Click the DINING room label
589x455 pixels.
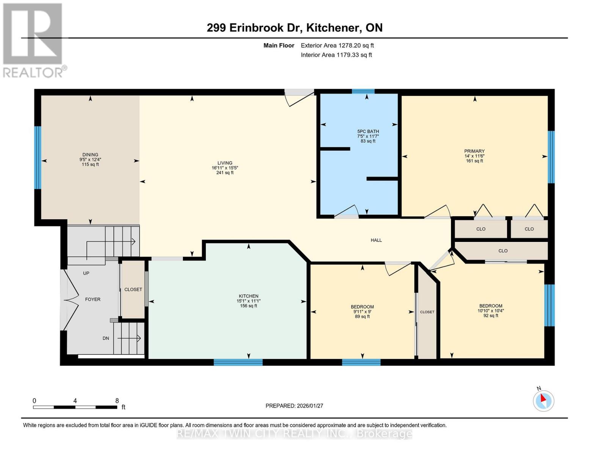click(x=90, y=155)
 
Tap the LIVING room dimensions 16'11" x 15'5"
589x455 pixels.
click(x=225, y=168)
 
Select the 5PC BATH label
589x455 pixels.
click(x=368, y=132)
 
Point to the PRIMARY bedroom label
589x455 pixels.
click(x=474, y=151)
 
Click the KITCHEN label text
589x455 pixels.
click(x=248, y=296)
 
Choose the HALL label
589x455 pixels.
click(x=376, y=240)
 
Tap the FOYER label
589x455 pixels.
click(x=93, y=300)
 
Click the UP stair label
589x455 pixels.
click(x=86, y=273)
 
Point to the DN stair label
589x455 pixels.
click(x=106, y=338)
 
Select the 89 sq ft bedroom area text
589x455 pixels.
click(x=363, y=317)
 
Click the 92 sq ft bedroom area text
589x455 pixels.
click(x=491, y=315)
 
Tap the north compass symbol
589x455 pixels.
click(x=543, y=400)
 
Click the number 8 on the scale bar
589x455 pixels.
click(x=117, y=400)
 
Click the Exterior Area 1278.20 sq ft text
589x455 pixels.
click(x=337, y=45)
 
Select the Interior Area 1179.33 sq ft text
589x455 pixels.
click(x=336, y=55)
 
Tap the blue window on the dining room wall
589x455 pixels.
click(x=38, y=157)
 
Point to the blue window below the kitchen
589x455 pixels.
click(x=238, y=362)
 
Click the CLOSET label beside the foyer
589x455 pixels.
click(x=133, y=289)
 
